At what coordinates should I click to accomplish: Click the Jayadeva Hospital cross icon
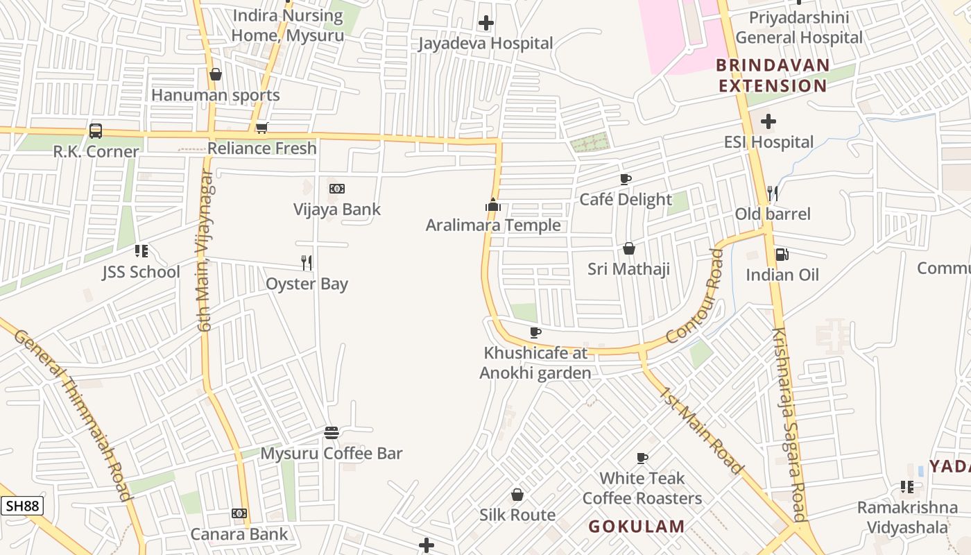486,23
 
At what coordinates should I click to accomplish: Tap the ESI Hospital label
768,142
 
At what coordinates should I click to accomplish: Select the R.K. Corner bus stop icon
96,130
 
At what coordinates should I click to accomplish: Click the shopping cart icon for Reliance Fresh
261,128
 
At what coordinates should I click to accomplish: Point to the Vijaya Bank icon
337,189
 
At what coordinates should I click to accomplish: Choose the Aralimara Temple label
493,225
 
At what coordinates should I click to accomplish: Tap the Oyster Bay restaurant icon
307,262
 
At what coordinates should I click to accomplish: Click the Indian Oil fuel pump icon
782,255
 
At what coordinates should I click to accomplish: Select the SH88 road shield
22,506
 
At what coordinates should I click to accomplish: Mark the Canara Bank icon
239,513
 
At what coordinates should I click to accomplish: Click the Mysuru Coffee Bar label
332,454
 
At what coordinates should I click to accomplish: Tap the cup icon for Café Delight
626,180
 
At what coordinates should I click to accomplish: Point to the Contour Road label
695,296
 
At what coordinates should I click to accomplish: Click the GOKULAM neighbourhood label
637,527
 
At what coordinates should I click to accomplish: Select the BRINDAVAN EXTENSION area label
773,76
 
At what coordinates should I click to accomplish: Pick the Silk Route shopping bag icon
517,495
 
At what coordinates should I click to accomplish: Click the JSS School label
141,272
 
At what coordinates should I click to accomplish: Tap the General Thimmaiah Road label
73,413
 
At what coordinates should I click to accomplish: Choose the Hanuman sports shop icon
216,74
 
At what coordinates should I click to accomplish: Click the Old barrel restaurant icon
773,193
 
